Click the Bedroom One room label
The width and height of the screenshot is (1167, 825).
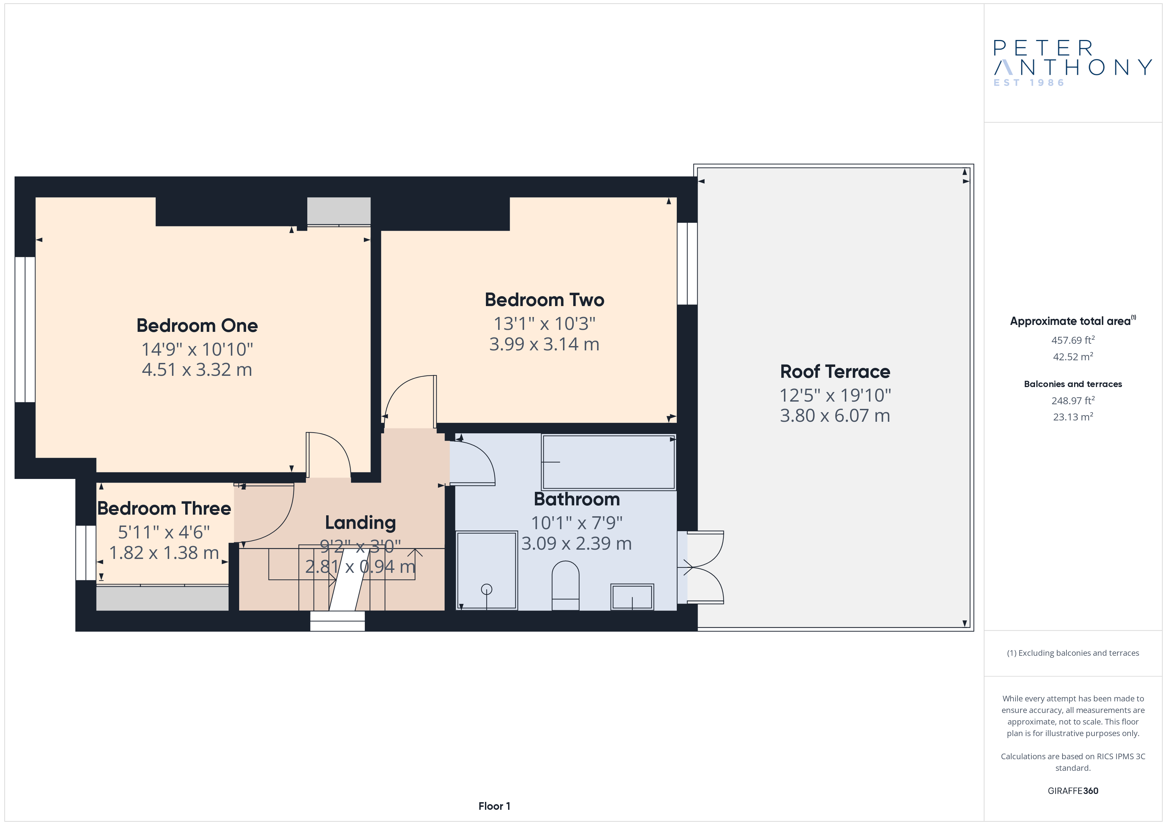click(197, 326)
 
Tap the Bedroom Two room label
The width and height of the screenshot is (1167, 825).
click(544, 300)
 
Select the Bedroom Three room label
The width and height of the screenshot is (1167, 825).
click(164, 508)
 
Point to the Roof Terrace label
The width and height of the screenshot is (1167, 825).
click(835, 372)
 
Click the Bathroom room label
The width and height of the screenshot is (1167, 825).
click(577, 499)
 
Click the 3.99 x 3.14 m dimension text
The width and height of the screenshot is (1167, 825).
click(544, 344)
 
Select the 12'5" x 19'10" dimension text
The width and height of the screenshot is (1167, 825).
click(835, 395)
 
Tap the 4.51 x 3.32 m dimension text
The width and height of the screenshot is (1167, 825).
click(197, 370)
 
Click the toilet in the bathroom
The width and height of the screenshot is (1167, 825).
click(565, 585)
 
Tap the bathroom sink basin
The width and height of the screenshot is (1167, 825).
click(632, 597)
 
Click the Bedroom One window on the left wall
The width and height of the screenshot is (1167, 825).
click(25, 330)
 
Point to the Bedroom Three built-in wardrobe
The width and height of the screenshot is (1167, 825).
click(163, 598)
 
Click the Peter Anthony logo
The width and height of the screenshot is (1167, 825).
click(1072, 63)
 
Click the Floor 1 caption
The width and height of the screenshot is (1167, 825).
click(494, 806)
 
